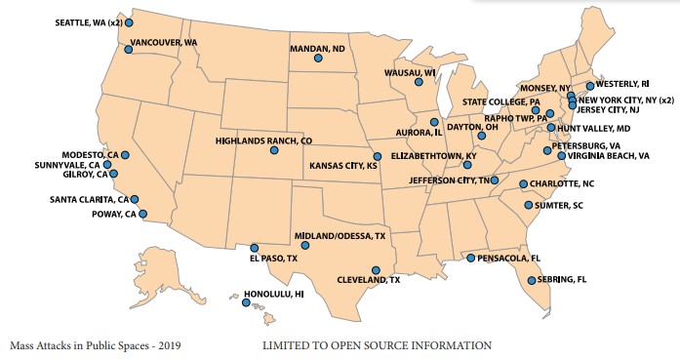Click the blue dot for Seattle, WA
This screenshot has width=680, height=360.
coord(129,21)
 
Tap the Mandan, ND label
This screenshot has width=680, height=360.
coord(318,47)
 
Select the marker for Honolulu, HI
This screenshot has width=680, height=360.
coord(246,302)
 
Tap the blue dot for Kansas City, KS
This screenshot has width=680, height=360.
coord(377,156)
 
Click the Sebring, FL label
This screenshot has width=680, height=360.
coord(567,280)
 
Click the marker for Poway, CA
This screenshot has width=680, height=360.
coord(142,214)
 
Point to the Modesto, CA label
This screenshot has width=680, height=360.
coord(90,154)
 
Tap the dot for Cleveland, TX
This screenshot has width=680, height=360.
coord(376,270)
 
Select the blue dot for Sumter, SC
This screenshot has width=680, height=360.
coord(528,205)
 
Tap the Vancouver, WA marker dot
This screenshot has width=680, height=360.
coord(128,48)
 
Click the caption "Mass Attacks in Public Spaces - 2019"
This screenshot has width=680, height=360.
coord(95,345)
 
